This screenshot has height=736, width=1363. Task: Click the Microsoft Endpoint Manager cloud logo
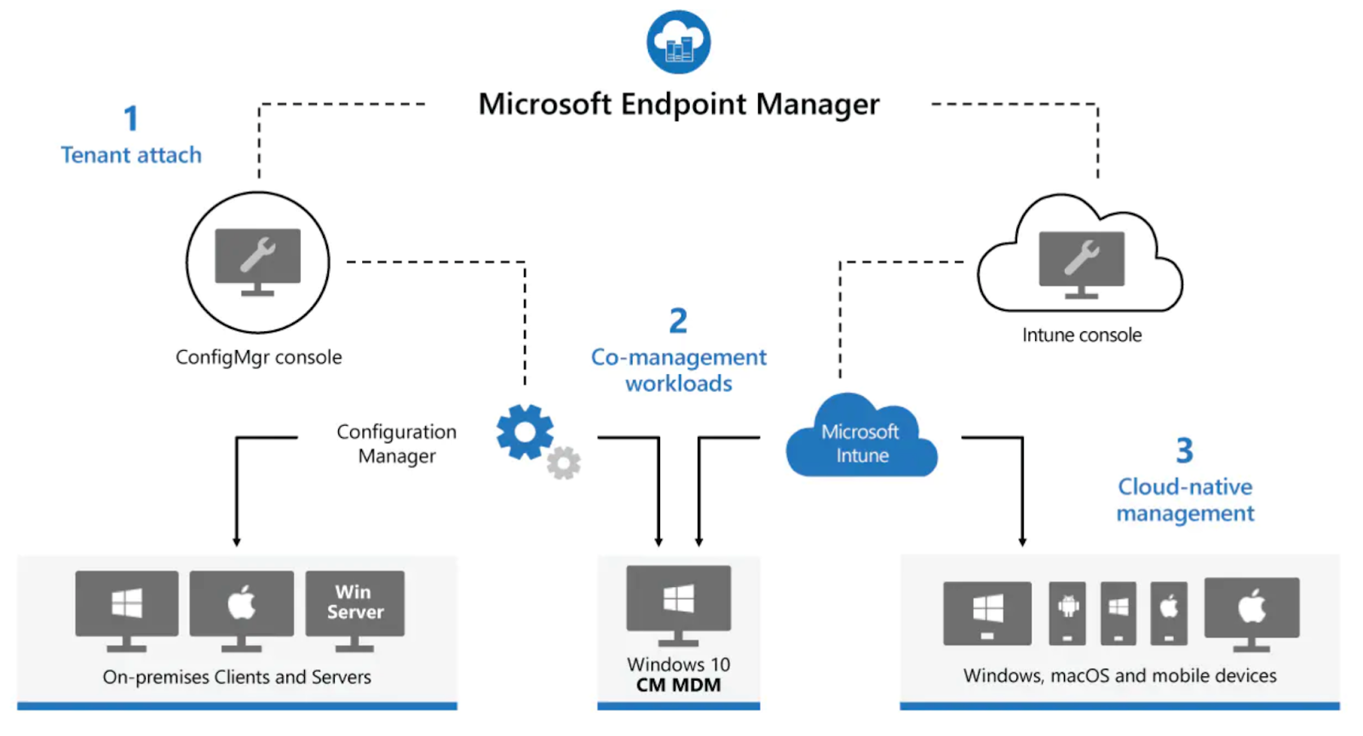(678, 42)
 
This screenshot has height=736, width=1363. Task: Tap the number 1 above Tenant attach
(130, 118)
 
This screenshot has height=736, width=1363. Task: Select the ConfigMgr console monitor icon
(257, 260)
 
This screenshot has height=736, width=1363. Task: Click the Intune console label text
(1081, 335)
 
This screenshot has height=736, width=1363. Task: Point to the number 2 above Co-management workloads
(678, 321)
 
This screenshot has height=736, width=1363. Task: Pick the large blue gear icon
(524, 432)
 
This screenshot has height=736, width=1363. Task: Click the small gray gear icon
(563, 463)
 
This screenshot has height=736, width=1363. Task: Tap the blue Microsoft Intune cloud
(860, 440)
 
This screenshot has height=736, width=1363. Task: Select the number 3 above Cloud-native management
(1184, 451)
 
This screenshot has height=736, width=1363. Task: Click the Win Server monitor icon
(354, 606)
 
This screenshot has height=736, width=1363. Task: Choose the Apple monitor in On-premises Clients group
(241, 606)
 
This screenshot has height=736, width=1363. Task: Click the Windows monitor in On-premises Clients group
(127, 606)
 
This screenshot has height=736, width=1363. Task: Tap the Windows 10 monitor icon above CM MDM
(678, 601)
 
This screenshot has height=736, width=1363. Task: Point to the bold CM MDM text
(678, 686)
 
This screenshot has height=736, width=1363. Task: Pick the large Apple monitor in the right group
(1251, 610)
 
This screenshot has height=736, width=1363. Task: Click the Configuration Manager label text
(397, 444)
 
